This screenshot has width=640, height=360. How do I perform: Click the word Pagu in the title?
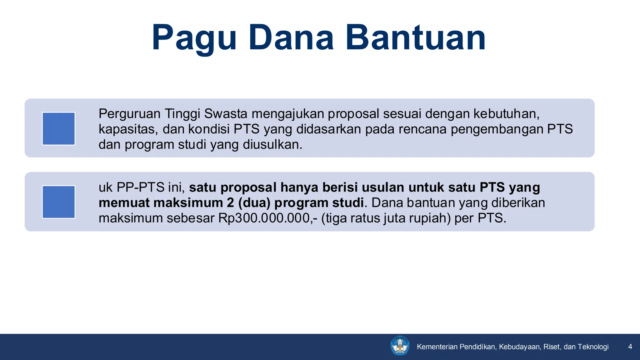coord(194,38)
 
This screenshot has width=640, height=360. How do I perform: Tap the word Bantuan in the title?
coord(416,38)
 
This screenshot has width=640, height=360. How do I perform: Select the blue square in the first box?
coord(58,129)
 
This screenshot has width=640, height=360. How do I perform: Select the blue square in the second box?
coord(58,202)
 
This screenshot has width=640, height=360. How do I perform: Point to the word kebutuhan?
coord(506,114)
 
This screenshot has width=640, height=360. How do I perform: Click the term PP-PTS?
coord(140,187)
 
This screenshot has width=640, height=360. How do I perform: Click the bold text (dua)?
coord(254,203)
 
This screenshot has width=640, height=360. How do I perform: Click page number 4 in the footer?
coord(630,347)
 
